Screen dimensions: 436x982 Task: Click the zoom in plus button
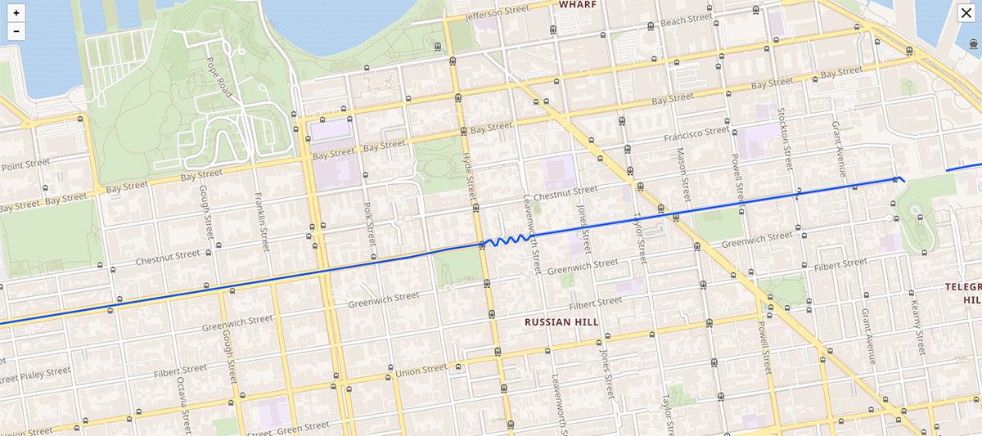pyautogui.click(x=16, y=13)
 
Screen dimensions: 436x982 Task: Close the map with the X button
pyautogui.click(x=966, y=12)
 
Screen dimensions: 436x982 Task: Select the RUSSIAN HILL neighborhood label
pyautogui.click(x=561, y=321)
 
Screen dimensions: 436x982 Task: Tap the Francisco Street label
pyautogui.click(x=696, y=132)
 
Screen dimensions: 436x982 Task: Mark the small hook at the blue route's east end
pyautogui.click(x=899, y=178)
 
